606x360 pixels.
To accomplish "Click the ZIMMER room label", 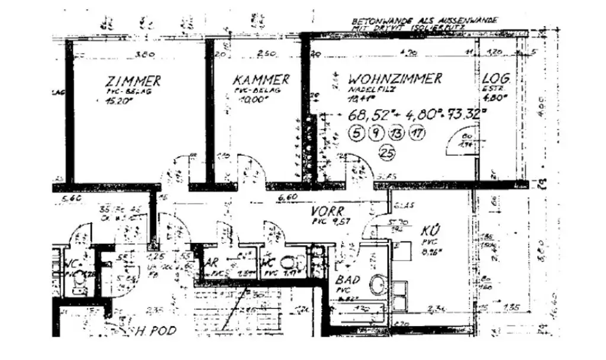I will tap(133, 81).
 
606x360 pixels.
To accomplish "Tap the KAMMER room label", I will tap(261, 79).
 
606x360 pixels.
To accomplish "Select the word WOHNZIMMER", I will tap(395, 79).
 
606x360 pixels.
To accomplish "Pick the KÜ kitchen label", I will tap(431, 230).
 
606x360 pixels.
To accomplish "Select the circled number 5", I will tap(356, 133).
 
